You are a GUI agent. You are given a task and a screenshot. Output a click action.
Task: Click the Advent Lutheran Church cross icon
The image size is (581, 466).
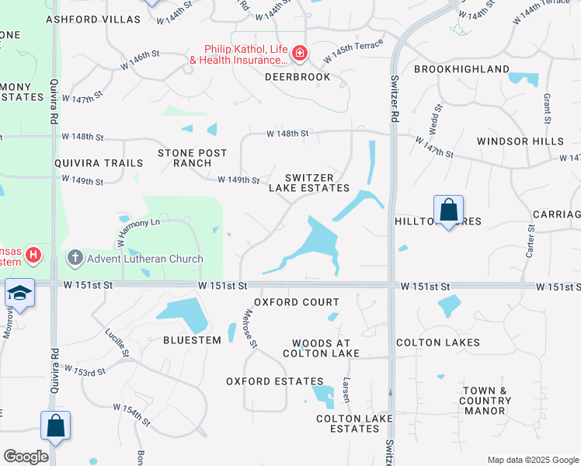click(75, 256)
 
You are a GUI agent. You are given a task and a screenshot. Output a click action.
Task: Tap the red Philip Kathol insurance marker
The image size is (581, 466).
click(300, 54)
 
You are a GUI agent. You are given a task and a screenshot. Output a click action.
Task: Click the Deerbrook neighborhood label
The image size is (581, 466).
click(297, 77)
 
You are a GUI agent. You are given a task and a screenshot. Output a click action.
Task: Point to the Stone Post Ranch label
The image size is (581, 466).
click(184, 158)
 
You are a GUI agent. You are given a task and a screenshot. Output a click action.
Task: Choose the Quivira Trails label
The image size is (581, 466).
click(99, 163)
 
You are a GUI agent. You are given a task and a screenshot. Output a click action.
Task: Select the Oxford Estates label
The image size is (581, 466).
click(275, 381)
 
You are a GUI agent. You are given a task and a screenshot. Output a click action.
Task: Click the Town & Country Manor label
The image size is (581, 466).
click(484, 401)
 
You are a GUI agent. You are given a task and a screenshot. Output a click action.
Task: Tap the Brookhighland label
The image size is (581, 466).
click(461, 69)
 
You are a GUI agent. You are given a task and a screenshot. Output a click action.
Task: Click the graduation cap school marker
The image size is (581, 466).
click(19, 292)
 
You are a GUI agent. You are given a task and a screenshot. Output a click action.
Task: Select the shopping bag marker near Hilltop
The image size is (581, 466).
click(448, 210)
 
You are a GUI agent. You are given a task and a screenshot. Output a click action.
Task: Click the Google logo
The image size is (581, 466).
click(26, 457)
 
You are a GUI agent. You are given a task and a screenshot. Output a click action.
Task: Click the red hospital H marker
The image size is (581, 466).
click(32, 254)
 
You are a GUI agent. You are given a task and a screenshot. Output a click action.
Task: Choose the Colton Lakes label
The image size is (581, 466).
click(438, 343)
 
